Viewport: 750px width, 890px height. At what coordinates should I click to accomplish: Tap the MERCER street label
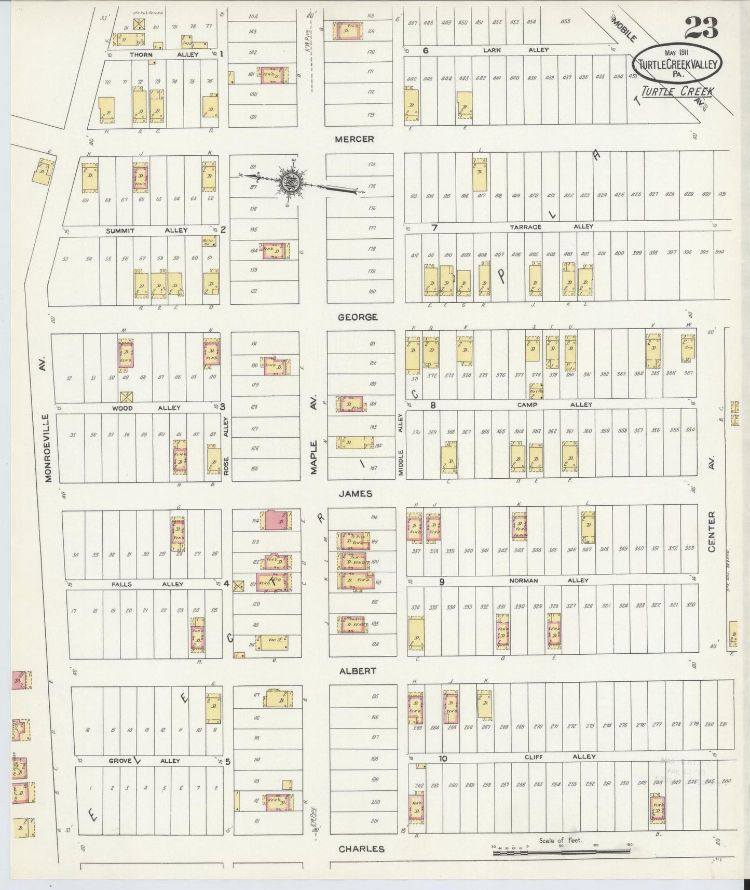pos(354,139)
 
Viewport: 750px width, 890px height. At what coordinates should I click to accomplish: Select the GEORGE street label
pos(357,317)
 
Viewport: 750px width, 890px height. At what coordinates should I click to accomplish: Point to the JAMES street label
pos(355,494)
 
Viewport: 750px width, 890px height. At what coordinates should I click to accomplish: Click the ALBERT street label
pos(357,671)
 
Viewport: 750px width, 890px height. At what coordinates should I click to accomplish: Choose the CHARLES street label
pos(361,849)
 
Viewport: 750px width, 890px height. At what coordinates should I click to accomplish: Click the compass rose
pos(289,182)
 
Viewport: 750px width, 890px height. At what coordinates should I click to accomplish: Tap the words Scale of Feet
pos(561,840)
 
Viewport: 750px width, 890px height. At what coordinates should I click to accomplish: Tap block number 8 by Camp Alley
pos(432,404)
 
